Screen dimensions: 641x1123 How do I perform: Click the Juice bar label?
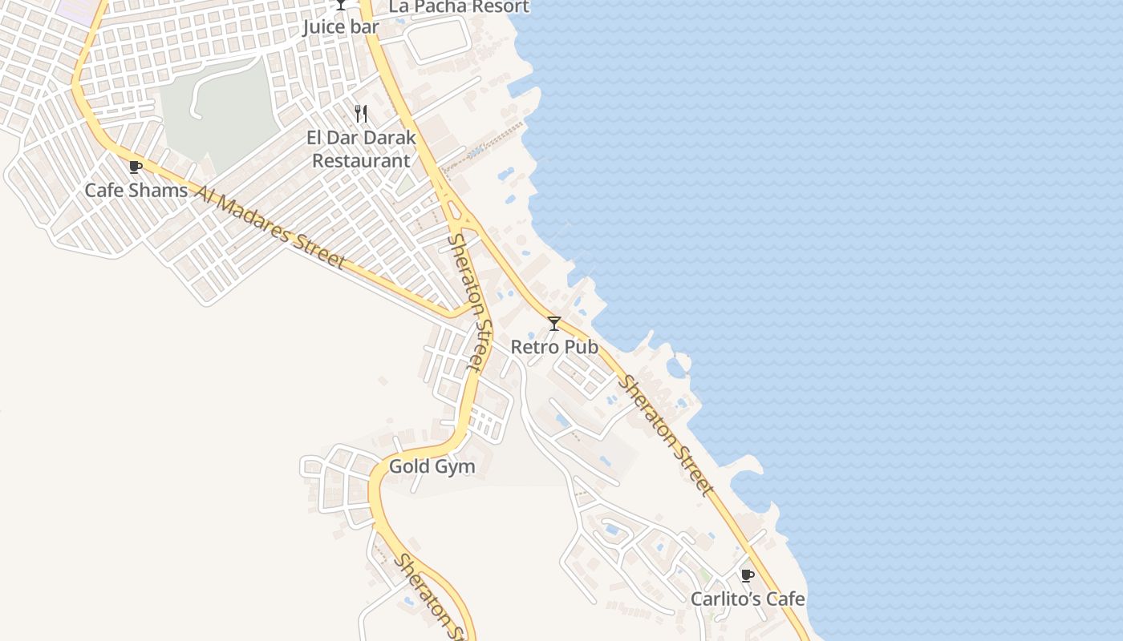pos(340,26)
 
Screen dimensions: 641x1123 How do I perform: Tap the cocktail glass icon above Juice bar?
pos(341,5)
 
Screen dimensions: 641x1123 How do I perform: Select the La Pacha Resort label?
pos(459,7)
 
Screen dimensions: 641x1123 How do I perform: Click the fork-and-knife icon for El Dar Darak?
pos(361,114)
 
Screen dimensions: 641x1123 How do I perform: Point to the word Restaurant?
pos(361,160)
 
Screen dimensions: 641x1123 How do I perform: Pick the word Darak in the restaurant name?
pos(388,138)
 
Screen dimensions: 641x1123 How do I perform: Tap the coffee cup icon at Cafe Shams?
pos(136,167)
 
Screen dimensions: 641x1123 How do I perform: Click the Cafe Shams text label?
pos(136,191)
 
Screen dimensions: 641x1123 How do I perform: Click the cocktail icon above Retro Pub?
pos(554,324)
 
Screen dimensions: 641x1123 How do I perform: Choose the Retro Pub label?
pos(554,347)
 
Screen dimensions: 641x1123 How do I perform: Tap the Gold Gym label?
pos(432,466)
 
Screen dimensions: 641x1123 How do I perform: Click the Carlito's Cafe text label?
pos(748,599)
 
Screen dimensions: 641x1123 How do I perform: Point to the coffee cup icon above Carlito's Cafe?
pos(747,575)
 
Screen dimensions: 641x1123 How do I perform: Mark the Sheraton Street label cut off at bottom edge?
pos(432,597)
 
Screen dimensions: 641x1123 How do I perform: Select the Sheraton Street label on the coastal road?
pos(665,435)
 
